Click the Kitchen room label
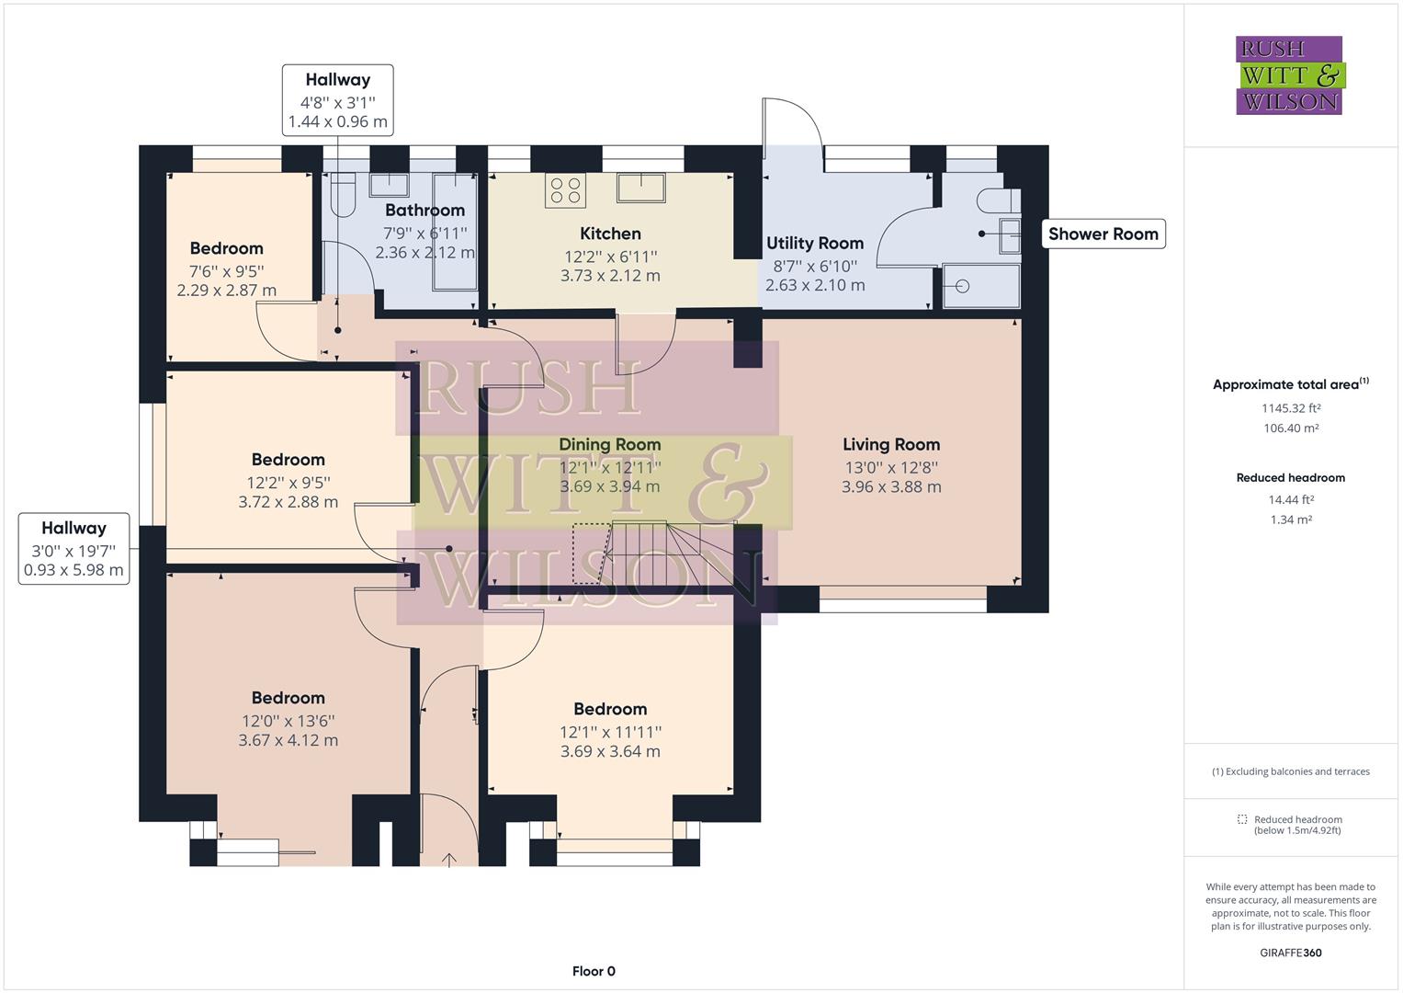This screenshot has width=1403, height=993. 610,234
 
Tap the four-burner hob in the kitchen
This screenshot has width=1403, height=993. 566,190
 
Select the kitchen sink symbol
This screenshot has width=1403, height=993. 640,188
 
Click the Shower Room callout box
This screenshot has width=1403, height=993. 1103,234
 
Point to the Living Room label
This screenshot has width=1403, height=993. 891,444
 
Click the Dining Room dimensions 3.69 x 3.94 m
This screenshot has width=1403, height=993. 610,487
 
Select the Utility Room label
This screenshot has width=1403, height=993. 815,244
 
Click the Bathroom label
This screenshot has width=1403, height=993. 425,210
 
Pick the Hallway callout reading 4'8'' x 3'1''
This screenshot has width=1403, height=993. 337,100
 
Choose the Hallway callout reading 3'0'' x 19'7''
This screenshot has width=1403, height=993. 74,549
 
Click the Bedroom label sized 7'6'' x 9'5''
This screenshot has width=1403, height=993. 226,248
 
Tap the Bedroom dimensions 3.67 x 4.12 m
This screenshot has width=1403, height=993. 289,740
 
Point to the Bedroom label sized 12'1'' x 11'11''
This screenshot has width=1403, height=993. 610,709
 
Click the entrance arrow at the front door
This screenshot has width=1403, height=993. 449,860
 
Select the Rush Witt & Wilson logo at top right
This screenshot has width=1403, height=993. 1290,75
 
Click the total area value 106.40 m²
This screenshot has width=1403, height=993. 1291,428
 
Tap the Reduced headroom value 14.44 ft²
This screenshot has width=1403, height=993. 1291,499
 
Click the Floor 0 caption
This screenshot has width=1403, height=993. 594,971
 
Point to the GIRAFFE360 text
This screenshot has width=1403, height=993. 1291,953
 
